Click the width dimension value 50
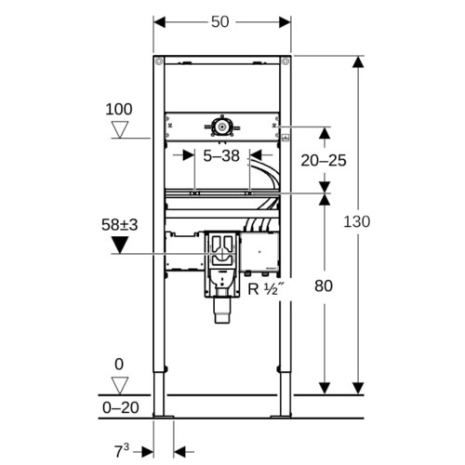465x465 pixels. coord(220,21)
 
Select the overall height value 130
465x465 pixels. coord(357,221)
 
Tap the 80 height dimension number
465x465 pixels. coord(324,286)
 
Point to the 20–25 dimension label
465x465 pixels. coord(324,161)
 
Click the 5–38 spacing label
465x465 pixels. coord(221,155)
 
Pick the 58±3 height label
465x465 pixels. coord(119,225)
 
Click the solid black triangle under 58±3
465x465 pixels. coord(120,245)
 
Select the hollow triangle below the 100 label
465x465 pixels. coord(120,129)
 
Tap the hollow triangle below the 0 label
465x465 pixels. coord(120,386)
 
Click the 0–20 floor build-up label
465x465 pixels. coord(121,407)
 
